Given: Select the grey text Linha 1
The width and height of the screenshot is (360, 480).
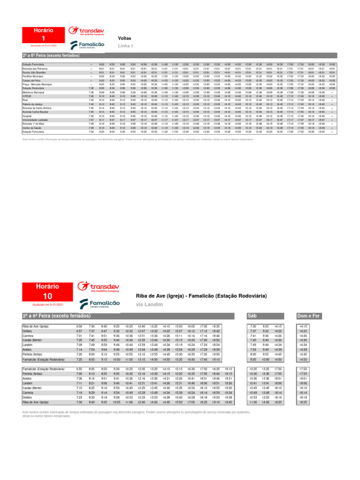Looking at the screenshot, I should [126, 46].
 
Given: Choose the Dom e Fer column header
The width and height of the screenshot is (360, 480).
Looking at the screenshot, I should [308, 316].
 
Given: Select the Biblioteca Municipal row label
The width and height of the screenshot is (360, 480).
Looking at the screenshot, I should [33, 92].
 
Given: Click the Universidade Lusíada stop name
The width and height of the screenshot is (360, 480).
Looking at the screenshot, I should [34, 120].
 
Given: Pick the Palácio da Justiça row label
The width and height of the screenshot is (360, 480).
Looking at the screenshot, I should [32, 104].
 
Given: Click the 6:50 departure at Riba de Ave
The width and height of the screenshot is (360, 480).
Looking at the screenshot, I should [79, 326].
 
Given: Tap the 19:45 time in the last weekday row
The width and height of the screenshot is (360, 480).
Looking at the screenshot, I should [228, 402].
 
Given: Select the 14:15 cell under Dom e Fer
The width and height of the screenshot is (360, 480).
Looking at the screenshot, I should [303, 326].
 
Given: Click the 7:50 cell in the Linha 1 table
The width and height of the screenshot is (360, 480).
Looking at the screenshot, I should [91, 132].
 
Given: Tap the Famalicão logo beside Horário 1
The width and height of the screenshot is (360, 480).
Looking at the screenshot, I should [87, 45].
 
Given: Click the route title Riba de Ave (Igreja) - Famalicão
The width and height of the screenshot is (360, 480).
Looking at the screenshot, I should [201, 296].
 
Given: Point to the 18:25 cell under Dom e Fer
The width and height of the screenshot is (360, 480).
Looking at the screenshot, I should [303, 402].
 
